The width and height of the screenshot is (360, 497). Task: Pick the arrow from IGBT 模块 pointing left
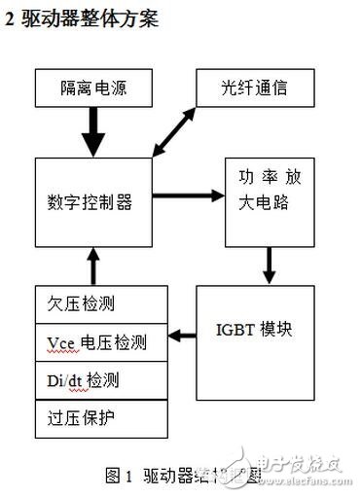pyautogui.click(x=181, y=336)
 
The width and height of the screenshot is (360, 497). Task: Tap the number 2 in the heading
pyautogui.click(x=11, y=18)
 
